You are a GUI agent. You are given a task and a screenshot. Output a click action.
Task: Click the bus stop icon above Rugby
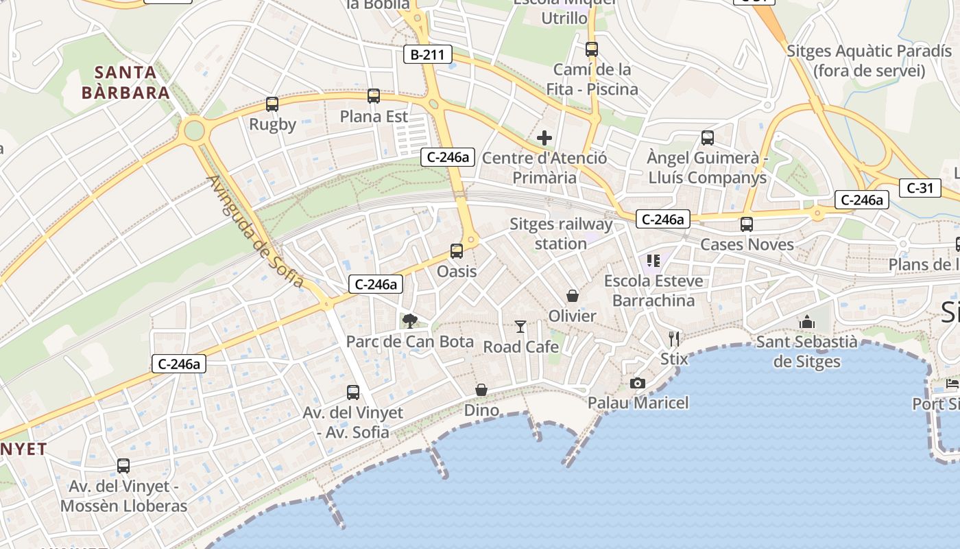pyautogui.click(x=272, y=104)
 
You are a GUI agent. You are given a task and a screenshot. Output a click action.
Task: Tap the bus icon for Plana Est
pyautogui.click(x=374, y=96)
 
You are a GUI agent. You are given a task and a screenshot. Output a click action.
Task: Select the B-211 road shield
pyautogui.click(x=428, y=54)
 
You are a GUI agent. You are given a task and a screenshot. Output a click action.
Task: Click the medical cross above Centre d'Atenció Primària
pyautogui.click(x=544, y=138)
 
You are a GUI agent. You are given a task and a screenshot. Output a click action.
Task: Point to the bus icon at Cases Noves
pyautogui.click(x=747, y=224)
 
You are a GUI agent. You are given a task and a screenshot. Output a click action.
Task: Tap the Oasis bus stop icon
pyautogui.click(x=457, y=251)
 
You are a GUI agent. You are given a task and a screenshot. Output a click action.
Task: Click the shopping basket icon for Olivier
pyautogui.click(x=573, y=296)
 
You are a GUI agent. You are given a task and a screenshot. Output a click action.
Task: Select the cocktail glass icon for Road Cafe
pyautogui.click(x=520, y=327)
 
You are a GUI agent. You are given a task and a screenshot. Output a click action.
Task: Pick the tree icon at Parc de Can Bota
pyautogui.click(x=410, y=320)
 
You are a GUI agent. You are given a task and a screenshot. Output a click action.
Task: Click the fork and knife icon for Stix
pyautogui.click(x=674, y=338)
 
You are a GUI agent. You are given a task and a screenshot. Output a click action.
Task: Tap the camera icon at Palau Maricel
pyautogui.click(x=638, y=383)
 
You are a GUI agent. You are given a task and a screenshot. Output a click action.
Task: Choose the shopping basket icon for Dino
pyautogui.click(x=482, y=390)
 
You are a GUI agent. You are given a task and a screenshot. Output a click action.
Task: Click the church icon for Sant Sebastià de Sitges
pyautogui.click(x=806, y=322)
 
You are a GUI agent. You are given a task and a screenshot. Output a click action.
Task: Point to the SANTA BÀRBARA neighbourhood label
pyautogui.click(x=125, y=82)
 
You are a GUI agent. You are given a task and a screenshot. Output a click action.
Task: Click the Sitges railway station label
pyautogui.click(x=561, y=233)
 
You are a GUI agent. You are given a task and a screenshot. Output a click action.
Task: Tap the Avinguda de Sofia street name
pyautogui.click(x=255, y=231)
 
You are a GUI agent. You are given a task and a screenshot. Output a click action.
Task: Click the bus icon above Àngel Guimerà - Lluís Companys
pyautogui.click(x=708, y=138)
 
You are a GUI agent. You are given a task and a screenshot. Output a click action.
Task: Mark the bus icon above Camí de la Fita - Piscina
pyautogui.click(x=592, y=49)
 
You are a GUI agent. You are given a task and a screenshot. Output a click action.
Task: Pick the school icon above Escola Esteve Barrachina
pyautogui.click(x=653, y=260)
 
